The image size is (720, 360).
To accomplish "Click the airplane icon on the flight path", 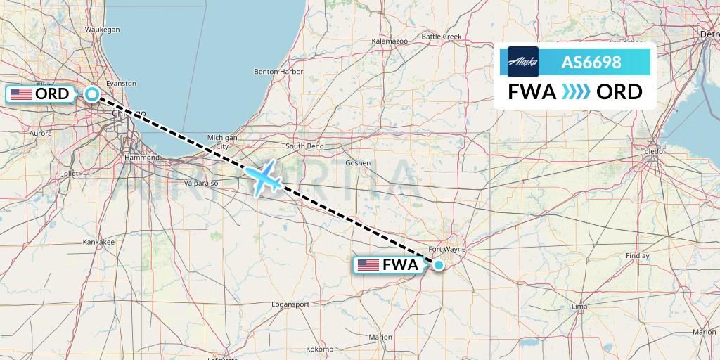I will pyautogui.click(x=263, y=178).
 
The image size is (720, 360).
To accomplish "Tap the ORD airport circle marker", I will pyautogui.click(x=92, y=94).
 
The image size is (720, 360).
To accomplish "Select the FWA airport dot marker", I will pyautogui.click(x=439, y=265).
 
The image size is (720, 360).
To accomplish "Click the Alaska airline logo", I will pyautogui.click(x=523, y=62).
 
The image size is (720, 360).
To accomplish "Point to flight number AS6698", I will pyautogui.click(x=591, y=63).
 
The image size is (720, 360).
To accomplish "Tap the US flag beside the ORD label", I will pyautogui.click(x=21, y=94).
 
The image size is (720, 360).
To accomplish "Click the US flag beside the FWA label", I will pyautogui.click(x=368, y=265).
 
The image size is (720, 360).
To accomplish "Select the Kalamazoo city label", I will pyautogui.click(x=390, y=42).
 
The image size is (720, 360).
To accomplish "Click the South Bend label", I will pyautogui.click(x=304, y=146).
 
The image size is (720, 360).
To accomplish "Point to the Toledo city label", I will pyautogui.click(x=652, y=152).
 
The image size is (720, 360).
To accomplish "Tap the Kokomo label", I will pyautogui.click(x=319, y=349).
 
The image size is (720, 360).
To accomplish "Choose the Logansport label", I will pyautogui.click(x=290, y=304).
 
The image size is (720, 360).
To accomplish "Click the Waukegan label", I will pyautogui.click(x=103, y=30).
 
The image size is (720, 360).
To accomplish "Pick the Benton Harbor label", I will pyautogui.click(x=278, y=72).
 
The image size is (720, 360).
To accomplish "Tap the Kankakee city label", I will pyautogui.click(x=99, y=242).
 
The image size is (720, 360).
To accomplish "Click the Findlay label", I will pyautogui.click(x=637, y=256).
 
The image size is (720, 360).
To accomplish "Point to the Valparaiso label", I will pyautogui.click(x=200, y=183).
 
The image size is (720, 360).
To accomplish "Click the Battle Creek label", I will pyautogui.click(x=441, y=37).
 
